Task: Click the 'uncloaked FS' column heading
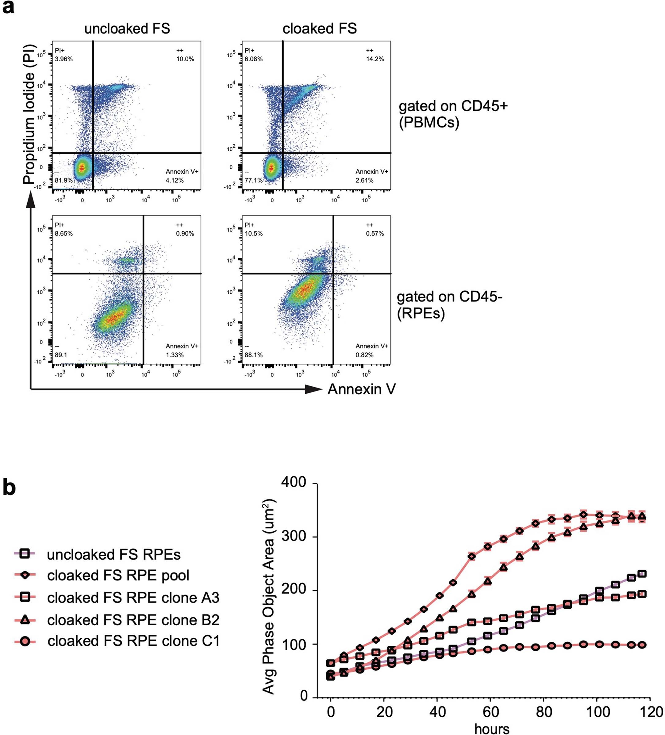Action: click(x=127, y=29)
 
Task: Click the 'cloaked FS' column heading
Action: click(x=319, y=29)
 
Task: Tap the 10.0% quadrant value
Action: click(x=185, y=59)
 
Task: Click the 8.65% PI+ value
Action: click(x=64, y=233)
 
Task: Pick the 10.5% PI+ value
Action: click(x=254, y=233)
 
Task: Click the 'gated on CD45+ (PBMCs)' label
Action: click(x=453, y=114)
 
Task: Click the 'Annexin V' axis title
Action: click(x=361, y=389)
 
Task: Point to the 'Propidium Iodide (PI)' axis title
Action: click(x=29, y=114)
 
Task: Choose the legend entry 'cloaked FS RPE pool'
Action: click(x=118, y=575)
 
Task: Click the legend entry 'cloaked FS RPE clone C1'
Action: click(x=133, y=641)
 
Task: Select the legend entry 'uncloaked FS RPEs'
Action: click(x=113, y=554)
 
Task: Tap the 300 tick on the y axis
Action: click(x=293, y=537)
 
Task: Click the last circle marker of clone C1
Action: click(x=642, y=645)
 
